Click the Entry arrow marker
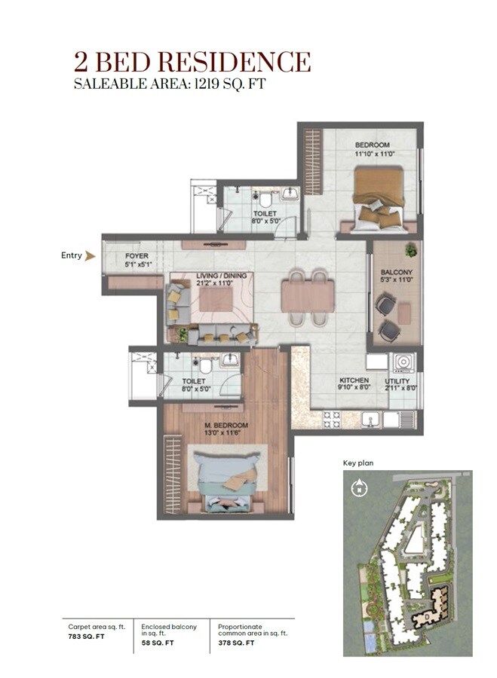pyautogui.click(x=91, y=256)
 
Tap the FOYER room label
pyautogui.click(x=137, y=256)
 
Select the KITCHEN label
pyautogui.click(x=353, y=380)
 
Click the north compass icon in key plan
pyautogui.click(x=358, y=488)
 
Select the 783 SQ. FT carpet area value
pyautogui.click(x=84, y=643)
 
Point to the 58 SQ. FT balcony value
pyautogui.click(x=158, y=643)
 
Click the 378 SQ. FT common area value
pyautogui.click(x=236, y=643)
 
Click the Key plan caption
pyautogui.click(x=358, y=463)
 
